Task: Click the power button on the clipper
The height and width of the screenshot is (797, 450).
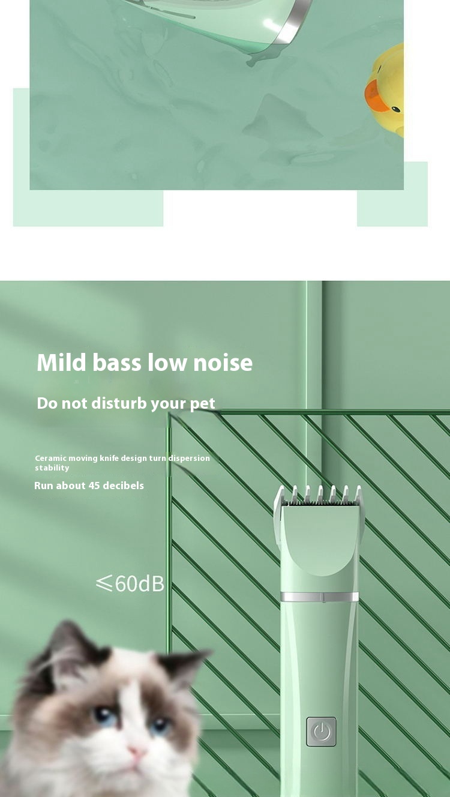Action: coord(321,732)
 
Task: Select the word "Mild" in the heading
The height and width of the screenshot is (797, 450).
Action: coord(61,362)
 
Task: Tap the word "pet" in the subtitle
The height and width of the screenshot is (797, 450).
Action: coord(203,403)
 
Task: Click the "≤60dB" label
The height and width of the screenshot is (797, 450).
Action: coord(130,583)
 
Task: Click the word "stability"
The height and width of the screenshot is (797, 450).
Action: coord(52,468)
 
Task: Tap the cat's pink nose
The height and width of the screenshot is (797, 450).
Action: coord(137,751)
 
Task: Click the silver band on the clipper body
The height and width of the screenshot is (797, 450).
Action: coord(320,597)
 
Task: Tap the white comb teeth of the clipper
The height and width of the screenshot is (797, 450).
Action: coord(320,495)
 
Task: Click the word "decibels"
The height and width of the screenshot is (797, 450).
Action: coord(123,486)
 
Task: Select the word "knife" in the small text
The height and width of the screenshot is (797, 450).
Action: coord(107,458)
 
